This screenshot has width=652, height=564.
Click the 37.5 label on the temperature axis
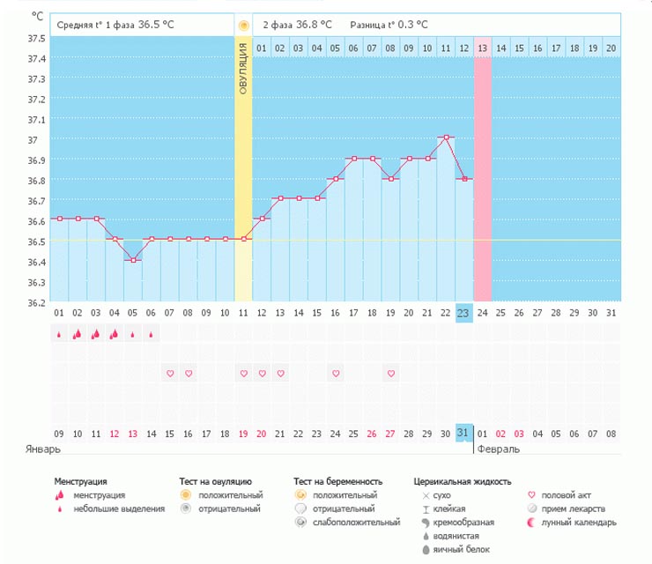pyautogui.click(x=36, y=39)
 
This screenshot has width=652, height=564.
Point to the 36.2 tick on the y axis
pyautogui.click(x=36, y=302)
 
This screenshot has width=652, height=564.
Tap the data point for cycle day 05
pyautogui.click(x=133, y=260)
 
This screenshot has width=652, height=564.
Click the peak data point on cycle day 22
pyautogui.click(x=447, y=137)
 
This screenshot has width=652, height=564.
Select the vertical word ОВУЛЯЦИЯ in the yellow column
pyautogui.click(x=243, y=67)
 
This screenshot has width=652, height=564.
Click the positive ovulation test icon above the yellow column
pyautogui.click(x=243, y=25)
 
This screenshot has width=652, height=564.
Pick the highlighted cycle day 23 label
pyautogui.click(x=464, y=313)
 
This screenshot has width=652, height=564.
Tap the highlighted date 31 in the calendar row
pyautogui.click(x=464, y=432)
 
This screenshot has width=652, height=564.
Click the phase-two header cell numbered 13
pyautogui.click(x=483, y=48)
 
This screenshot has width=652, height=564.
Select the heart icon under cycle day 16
pyautogui.click(x=336, y=374)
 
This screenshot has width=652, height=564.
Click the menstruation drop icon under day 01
pyautogui.click(x=59, y=335)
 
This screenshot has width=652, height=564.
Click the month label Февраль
pyautogui.click(x=498, y=449)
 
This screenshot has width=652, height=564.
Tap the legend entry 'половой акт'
pyautogui.click(x=566, y=496)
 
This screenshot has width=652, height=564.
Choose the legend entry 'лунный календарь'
pyautogui.click(x=573, y=523)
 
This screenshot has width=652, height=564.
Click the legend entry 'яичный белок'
pyautogui.click(x=459, y=549)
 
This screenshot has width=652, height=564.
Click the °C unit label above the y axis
pyautogui.click(x=36, y=17)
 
